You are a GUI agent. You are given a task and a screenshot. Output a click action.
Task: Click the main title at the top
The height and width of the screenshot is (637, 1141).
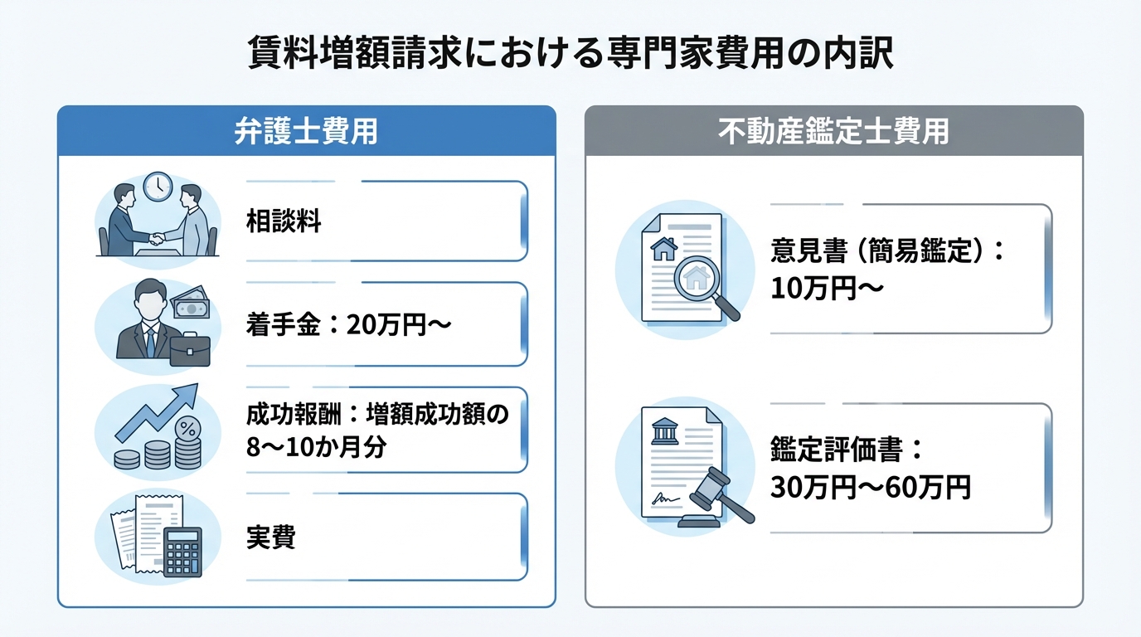click(570, 54)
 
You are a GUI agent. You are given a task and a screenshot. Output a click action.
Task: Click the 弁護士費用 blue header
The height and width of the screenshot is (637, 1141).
click(306, 131)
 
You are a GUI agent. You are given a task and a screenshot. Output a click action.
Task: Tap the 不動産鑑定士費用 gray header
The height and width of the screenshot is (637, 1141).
click(833, 131)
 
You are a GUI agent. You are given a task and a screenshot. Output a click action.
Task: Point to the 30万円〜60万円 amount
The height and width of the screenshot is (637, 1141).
click(870, 488)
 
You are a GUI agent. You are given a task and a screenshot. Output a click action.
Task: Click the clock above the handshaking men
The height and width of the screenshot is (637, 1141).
click(155, 187)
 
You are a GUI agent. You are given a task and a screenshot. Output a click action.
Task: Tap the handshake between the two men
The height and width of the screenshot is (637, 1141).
click(157, 239)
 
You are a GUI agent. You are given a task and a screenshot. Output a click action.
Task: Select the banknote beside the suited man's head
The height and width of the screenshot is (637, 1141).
click(191, 307)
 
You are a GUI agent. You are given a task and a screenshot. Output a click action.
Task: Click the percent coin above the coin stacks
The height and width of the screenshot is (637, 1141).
click(189, 430)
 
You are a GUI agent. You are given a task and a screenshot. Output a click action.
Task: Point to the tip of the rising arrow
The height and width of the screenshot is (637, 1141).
click(193, 389)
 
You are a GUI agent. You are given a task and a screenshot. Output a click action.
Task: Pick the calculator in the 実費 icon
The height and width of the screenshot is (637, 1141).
click(182, 552)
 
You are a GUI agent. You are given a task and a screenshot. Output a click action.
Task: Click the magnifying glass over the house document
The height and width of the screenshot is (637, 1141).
click(701, 281)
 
